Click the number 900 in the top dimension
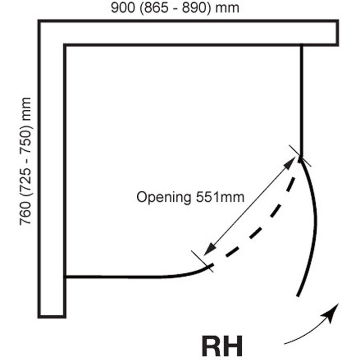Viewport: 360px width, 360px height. tap(122, 8)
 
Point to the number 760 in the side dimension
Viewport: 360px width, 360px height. tap(25, 213)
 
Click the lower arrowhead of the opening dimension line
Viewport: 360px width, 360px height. tap(209, 249)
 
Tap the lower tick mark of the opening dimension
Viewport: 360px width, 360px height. tap(202, 261)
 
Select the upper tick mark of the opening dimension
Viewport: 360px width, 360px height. tap(300, 156)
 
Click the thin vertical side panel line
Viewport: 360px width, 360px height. tap(301, 101)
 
